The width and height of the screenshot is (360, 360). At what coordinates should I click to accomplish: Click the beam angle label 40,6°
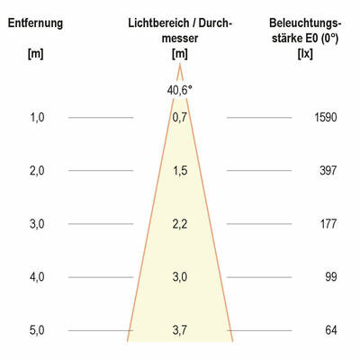point(180,89)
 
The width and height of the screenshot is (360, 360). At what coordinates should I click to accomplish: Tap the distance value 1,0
point(37,117)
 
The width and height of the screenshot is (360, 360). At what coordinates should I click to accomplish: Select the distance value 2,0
point(37,170)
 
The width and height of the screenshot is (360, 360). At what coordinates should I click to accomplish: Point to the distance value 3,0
point(37,224)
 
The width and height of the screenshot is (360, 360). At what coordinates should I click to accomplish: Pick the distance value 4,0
point(37,277)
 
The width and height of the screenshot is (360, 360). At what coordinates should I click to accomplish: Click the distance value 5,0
point(37,331)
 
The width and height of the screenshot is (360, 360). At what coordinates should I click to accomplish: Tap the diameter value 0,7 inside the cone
point(180,117)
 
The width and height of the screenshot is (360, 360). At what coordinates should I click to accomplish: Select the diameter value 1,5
point(180,170)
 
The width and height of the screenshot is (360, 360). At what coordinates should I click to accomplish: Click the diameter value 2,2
point(180,224)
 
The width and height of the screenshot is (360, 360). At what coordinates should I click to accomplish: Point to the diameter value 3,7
point(180,331)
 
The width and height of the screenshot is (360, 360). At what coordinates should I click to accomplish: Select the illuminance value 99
point(329,277)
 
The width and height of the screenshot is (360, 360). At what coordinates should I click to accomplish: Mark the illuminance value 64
point(329,331)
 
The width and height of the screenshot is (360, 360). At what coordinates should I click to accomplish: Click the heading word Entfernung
point(35,22)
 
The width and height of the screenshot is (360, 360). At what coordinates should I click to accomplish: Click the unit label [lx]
point(304,54)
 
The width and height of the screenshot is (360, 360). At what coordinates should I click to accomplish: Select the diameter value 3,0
point(180,277)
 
